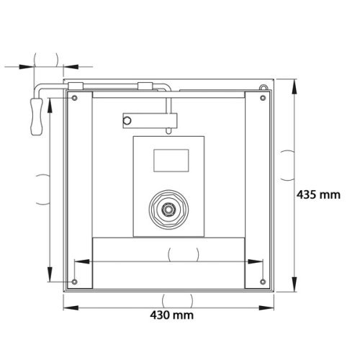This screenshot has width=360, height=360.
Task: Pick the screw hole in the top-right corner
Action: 260,98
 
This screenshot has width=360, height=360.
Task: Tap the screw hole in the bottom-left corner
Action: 74,281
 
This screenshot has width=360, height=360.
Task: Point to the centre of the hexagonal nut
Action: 168,210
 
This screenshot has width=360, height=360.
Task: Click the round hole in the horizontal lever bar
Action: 129,117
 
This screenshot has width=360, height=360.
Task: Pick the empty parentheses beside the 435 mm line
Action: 287,160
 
